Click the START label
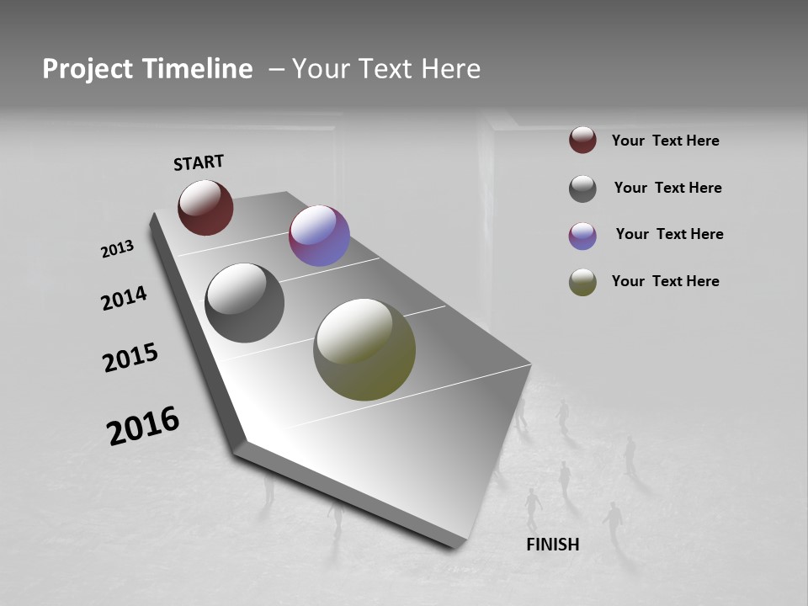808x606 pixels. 199,162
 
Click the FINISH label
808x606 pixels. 552,545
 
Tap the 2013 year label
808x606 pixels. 117,249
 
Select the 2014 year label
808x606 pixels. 124,298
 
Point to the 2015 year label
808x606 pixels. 130,358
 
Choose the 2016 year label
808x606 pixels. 143,426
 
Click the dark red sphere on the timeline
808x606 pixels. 205,207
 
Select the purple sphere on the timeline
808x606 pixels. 319,236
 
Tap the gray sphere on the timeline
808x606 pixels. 244,303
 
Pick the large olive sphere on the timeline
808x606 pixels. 364,349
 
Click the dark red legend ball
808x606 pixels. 582,140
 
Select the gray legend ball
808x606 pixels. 582,189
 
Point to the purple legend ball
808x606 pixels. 582,236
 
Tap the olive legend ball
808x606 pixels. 582,282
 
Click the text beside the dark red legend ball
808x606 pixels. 665,141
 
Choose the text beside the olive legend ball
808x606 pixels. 665,281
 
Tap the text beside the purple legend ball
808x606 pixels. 669,234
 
